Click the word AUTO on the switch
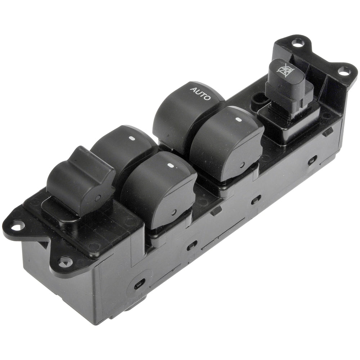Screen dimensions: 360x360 (x=200, y=94)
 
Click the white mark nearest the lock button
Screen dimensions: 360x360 (x=238, y=120)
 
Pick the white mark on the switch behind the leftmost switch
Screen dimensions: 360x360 (x=132, y=139)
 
